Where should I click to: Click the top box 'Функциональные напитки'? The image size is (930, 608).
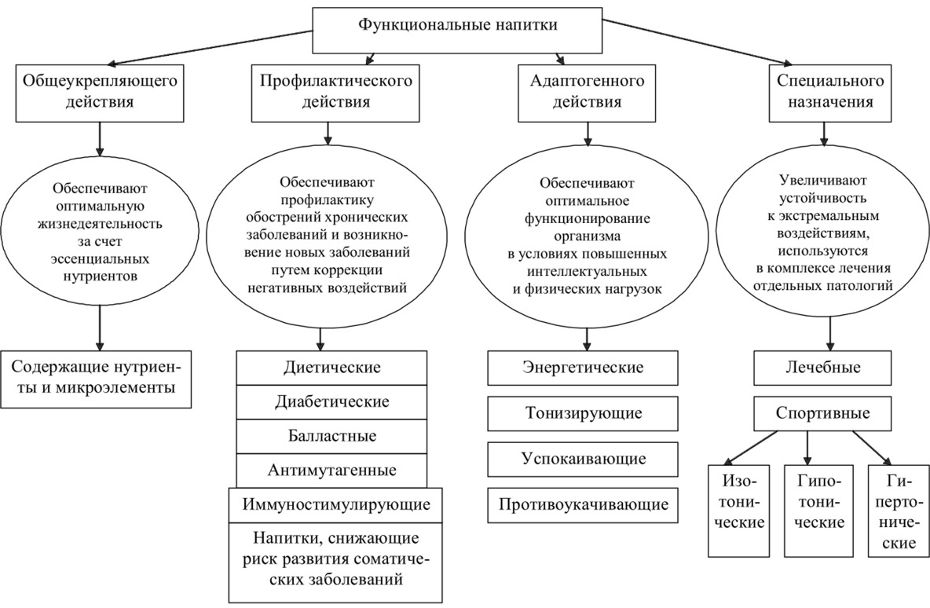458,26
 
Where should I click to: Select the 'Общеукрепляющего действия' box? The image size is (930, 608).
99,91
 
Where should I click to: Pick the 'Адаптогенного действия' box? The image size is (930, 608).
586,91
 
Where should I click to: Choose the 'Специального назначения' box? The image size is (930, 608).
829,91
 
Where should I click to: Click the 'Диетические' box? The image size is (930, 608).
331,368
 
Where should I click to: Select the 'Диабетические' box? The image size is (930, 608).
331,401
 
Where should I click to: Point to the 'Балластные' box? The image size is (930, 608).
331,435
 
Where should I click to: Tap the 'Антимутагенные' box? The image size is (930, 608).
331,470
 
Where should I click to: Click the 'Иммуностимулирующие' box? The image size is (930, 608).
335,504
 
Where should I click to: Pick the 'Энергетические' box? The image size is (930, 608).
582,368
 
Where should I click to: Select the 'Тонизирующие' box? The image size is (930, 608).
582,412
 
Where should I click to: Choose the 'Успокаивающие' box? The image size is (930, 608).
582,458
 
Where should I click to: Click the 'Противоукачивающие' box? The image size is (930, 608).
582,504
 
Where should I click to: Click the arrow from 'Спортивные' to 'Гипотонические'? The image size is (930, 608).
807,447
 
